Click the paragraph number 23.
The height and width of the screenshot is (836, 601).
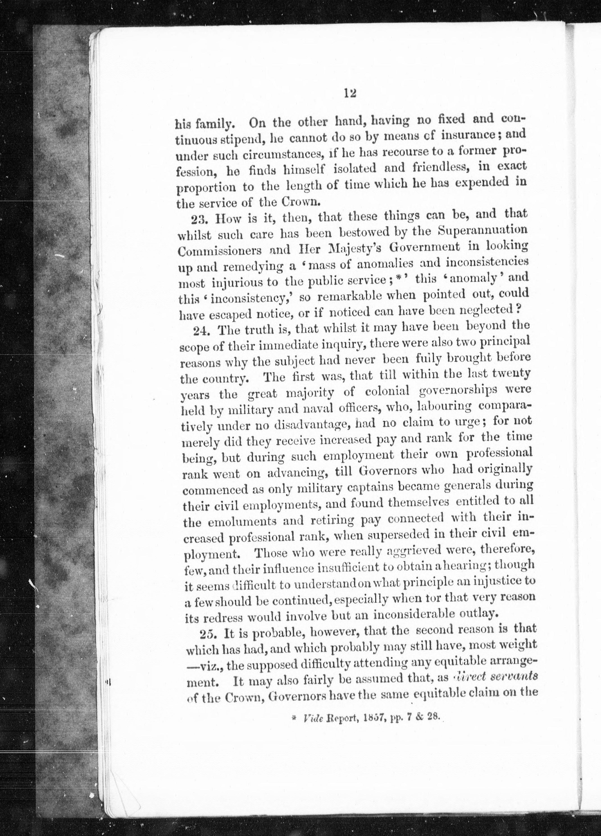click(200, 219)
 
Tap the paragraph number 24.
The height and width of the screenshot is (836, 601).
click(202, 329)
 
